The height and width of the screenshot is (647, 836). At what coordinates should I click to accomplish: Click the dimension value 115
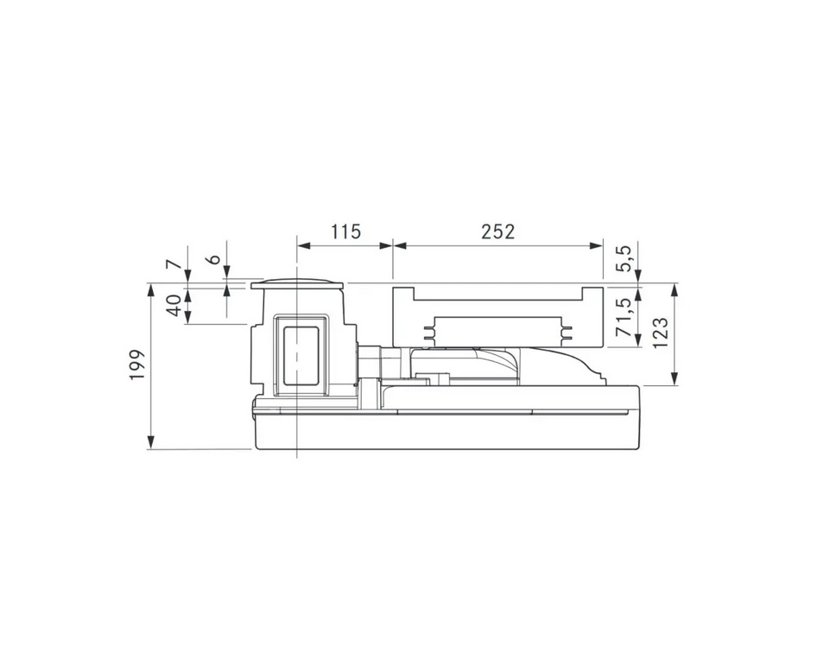point(345,232)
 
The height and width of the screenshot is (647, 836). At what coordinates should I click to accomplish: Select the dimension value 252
point(498,232)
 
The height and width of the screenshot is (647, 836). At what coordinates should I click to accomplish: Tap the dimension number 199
point(137,365)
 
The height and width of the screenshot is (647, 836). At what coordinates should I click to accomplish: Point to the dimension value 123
point(660,333)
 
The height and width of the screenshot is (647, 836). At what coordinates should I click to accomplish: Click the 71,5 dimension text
point(624,317)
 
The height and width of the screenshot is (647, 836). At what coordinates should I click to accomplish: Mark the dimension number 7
point(171,264)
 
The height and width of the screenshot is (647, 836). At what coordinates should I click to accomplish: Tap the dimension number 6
point(214,259)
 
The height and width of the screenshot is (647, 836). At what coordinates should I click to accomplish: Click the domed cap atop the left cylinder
point(296,283)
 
